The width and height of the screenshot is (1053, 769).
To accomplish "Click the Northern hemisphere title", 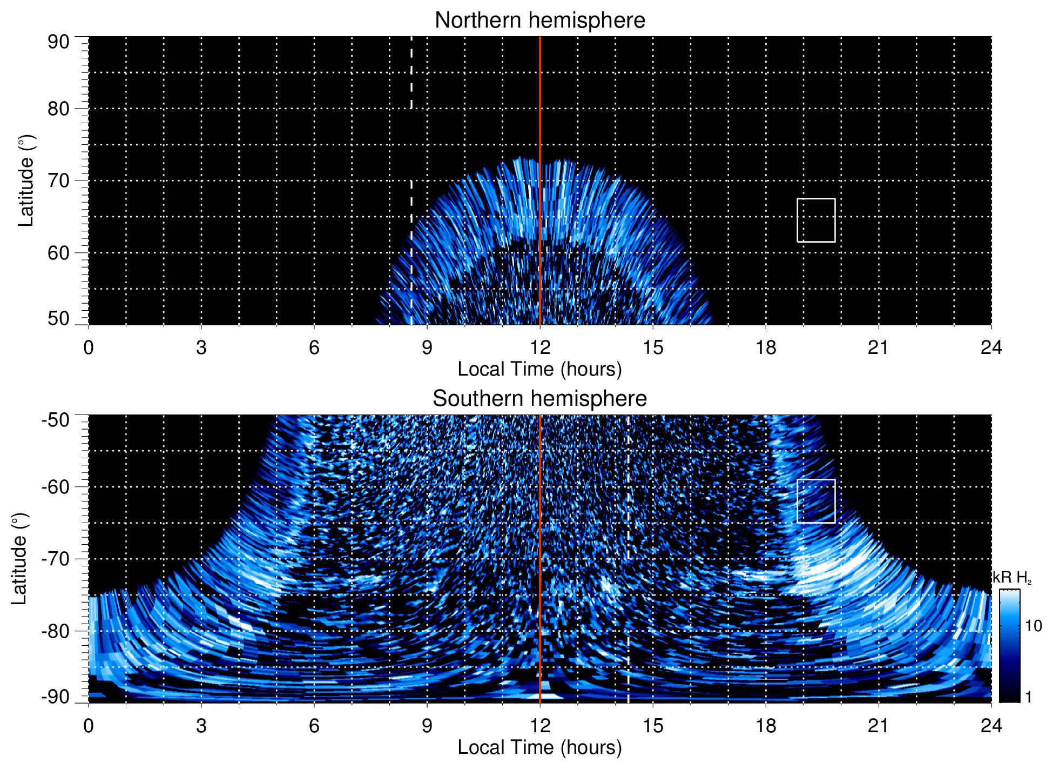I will click(x=539, y=21).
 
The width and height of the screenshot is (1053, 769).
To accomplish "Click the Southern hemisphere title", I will click(x=539, y=399).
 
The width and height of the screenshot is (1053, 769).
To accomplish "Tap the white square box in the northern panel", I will click(x=816, y=220).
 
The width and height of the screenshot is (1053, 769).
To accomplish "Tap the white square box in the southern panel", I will click(x=816, y=501).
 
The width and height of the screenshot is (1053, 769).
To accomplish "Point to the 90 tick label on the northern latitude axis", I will click(x=58, y=42).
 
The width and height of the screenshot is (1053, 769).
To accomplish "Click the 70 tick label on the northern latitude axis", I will click(x=58, y=180).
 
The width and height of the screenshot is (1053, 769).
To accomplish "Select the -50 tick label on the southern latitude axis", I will click(x=56, y=420).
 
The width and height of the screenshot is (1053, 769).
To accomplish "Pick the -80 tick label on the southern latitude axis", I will click(x=56, y=631).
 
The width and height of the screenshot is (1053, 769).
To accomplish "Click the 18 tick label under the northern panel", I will click(x=766, y=347).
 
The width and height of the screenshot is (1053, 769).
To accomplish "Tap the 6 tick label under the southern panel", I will click(x=314, y=726).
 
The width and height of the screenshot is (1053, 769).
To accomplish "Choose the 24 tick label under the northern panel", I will click(x=991, y=347).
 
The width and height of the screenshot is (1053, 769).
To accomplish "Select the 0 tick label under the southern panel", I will click(x=89, y=726).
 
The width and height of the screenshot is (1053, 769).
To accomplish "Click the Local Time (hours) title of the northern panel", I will click(x=539, y=369).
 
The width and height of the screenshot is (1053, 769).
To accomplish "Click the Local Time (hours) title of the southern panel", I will click(x=539, y=747).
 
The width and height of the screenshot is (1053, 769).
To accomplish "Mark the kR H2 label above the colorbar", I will click(x=1011, y=578).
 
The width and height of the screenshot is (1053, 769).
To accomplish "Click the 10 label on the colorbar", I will click(x=1033, y=626).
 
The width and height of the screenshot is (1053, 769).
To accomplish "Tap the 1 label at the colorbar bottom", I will click(x=1028, y=697).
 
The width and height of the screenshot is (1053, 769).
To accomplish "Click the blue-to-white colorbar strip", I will click(x=1009, y=646).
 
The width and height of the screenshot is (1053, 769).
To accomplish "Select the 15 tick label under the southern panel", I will click(x=653, y=726).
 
